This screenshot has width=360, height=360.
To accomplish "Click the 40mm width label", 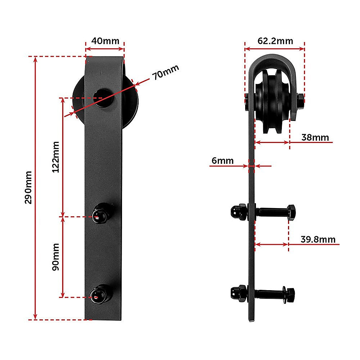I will coord(105,40).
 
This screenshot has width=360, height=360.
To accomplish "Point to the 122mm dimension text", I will coord(56,157).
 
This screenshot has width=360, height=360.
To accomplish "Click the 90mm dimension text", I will coord(56,257).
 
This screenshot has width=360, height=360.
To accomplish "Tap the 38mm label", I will coord(315,137).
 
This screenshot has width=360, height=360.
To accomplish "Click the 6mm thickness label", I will coord(222,161).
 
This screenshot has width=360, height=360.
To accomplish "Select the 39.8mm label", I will coord(318,239).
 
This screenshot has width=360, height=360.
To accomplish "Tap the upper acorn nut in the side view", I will coord(238,212).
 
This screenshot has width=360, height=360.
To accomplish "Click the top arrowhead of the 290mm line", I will coord(35,59).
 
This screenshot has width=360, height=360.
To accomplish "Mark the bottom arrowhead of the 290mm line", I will coord(35,317).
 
